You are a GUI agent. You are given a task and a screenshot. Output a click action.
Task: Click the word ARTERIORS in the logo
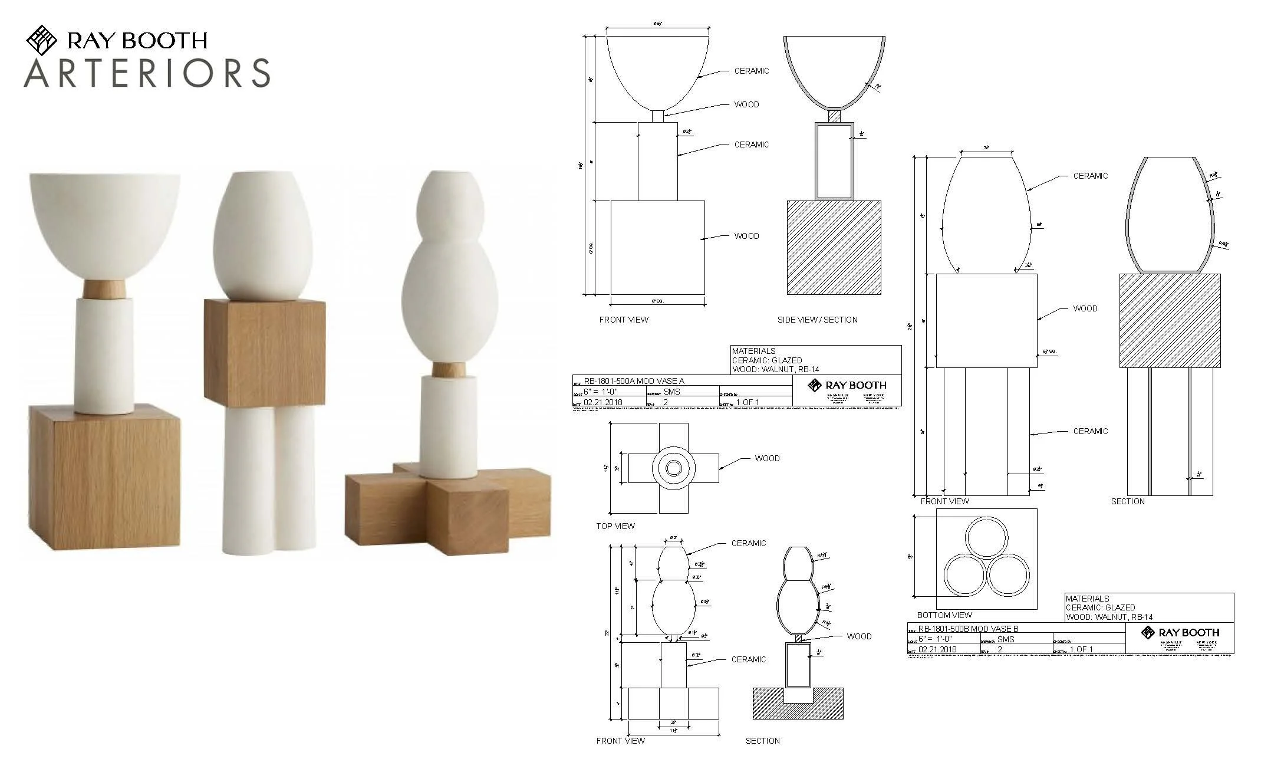pyautogui.click(x=147, y=73)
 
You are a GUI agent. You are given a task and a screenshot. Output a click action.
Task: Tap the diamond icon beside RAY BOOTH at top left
pyautogui.click(x=41, y=40)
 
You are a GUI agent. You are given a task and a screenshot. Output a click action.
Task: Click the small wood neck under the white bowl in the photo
pyautogui.click(x=104, y=289)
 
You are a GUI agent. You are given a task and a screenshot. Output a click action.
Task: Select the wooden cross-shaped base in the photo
pyautogui.click(x=448, y=507)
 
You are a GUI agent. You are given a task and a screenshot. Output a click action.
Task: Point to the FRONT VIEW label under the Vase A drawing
pyautogui.click(x=624, y=320)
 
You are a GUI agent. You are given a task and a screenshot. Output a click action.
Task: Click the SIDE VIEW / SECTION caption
pyautogui.click(x=817, y=320)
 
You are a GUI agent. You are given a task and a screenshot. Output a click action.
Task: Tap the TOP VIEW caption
pyautogui.click(x=615, y=526)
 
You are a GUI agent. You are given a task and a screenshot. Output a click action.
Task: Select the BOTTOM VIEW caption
pyautogui.click(x=944, y=615)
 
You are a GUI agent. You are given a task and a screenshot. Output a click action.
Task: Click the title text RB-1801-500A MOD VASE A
pyautogui.click(x=634, y=381)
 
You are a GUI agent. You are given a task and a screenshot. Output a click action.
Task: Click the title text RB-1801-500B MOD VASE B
pyautogui.click(x=968, y=629)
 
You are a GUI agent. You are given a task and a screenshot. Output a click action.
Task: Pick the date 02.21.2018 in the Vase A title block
pyautogui.click(x=602, y=402)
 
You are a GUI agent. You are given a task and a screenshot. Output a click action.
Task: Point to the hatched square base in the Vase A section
pyautogui.click(x=834, y=248)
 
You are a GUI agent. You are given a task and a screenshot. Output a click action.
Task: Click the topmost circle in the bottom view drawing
pyautogui.click(x=986, y=538)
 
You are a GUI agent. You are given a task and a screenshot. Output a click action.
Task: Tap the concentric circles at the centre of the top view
pyautogui.click(x=673, y=468)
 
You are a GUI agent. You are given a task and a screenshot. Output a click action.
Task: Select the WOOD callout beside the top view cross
pyautogui.click(x=767, y=458)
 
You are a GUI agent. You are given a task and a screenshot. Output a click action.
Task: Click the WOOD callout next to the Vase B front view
pyautogui.click(x=1085, y=308)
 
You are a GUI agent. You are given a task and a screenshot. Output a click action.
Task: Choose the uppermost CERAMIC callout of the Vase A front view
pyautogui.click(x=751, y=71)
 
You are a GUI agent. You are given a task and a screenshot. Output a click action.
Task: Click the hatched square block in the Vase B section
pyautogui.click(x=1170, y=320)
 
